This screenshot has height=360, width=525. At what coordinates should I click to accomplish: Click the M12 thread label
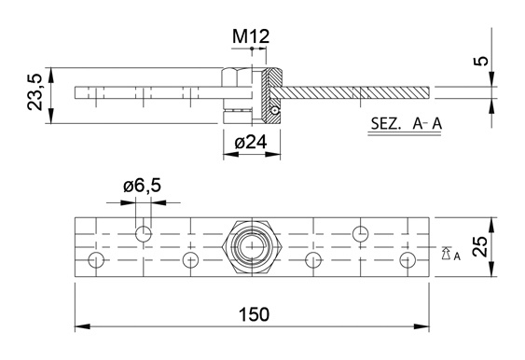pyautogui.click(x=251, y=36)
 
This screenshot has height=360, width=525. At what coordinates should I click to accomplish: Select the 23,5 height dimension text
pyautogui.click(x=35, y=92)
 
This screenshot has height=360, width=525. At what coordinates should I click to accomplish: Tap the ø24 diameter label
pyautogui.click(x=251, y=143)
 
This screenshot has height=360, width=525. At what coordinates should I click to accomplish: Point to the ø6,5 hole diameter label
pyautogui.click(x=143, y=186)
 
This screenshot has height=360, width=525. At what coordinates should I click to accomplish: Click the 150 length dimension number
pyautogui.click(x=254, y=315)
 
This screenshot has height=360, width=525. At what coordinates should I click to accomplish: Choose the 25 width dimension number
pyautogui.click(x=480, y=246)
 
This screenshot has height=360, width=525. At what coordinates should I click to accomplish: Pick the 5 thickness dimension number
pyautogui.click(x=481, y=62)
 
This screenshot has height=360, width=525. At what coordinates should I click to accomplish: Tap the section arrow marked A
pyautogui.click(x=446, y=254)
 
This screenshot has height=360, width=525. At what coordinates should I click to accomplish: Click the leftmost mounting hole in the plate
pyautogui.click(x=96, y=260)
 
